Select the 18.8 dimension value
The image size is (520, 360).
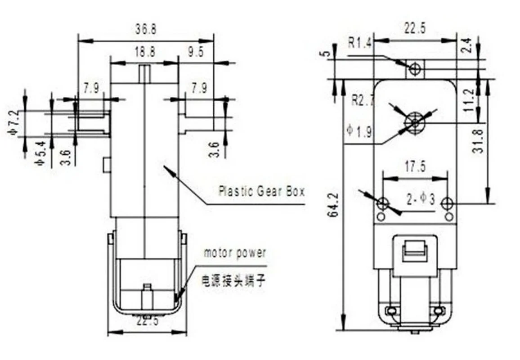tap(145, 52)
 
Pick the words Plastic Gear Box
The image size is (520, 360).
tap(261, 191)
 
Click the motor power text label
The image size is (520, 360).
tap(235, 253)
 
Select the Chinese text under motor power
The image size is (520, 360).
tap(233, 282)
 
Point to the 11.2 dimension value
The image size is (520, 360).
tap(469, 100)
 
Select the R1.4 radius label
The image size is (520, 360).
tap(360, 43)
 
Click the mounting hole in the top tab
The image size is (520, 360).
tap(415, 68)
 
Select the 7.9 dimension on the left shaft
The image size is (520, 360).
tap(91, 88)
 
